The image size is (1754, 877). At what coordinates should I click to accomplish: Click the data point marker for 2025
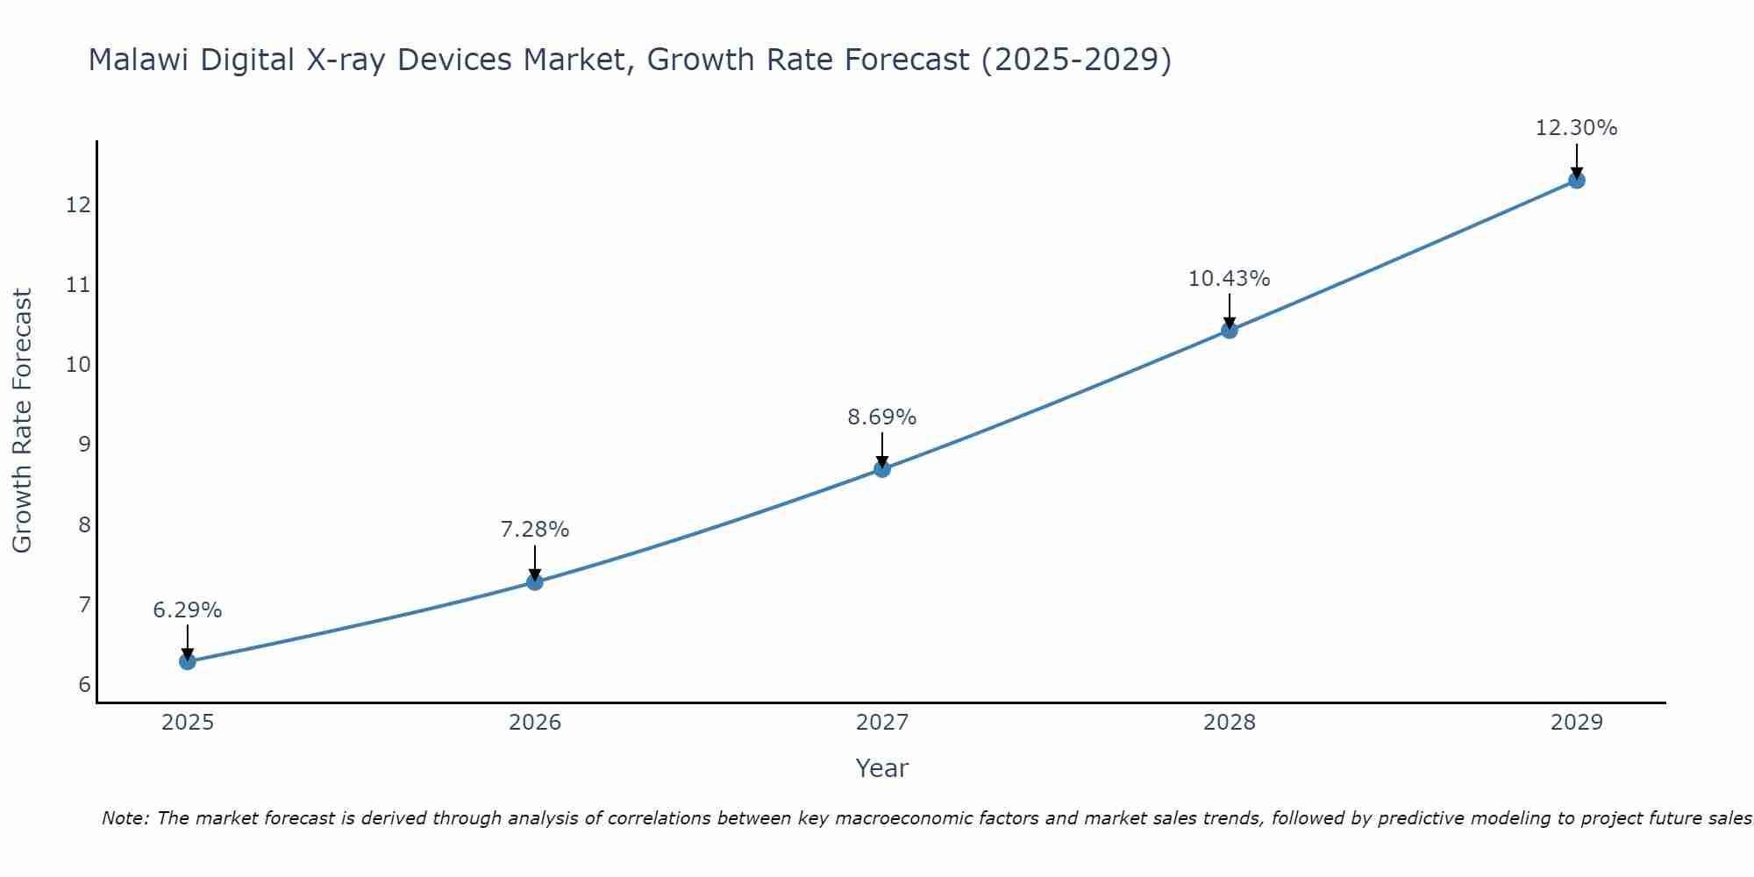click(x=187, y=661)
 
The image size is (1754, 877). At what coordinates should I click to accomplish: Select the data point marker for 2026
click(x=535, y=581)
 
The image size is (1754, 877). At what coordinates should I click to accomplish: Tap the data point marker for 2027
click(x=882, y=469)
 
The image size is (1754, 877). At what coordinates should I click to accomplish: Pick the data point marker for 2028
click(x=1230, y=330)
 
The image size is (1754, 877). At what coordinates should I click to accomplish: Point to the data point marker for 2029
click(x=1577, y=181)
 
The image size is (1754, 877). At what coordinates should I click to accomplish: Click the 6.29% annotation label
click(x=187, y=610)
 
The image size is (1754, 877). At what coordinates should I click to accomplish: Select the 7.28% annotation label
click(x=535, y=530)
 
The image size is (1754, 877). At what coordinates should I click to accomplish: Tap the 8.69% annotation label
click(x=882, y=417)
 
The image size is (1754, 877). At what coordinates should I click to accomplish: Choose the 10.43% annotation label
click(x=1230, y=279)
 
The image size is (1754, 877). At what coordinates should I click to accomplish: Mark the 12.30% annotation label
click(x=1577, y=128)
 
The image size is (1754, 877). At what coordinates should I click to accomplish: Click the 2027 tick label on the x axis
click(x=882, y=723)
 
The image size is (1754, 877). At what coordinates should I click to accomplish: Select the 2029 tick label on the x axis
click(x=1577, y=723)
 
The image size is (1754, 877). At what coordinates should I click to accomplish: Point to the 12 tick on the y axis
click(x=79, y=205)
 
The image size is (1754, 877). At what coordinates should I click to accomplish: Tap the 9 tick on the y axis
click(x=84, y=445)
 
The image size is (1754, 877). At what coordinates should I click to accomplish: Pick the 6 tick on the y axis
click(x=84, y=685)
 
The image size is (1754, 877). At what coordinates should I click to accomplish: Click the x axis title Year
click(x=882, y=768)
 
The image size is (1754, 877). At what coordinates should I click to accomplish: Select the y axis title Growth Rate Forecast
click(x=23, y=421)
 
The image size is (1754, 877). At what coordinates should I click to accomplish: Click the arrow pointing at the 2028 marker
click(x=1230, y=310)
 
